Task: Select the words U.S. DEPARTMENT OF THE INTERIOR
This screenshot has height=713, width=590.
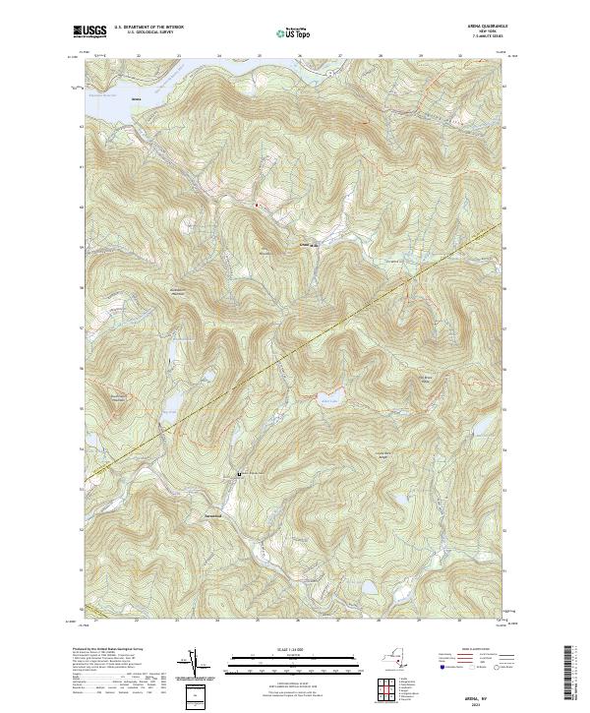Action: pos(148,27)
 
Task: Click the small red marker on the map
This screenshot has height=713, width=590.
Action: pos(258,205)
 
